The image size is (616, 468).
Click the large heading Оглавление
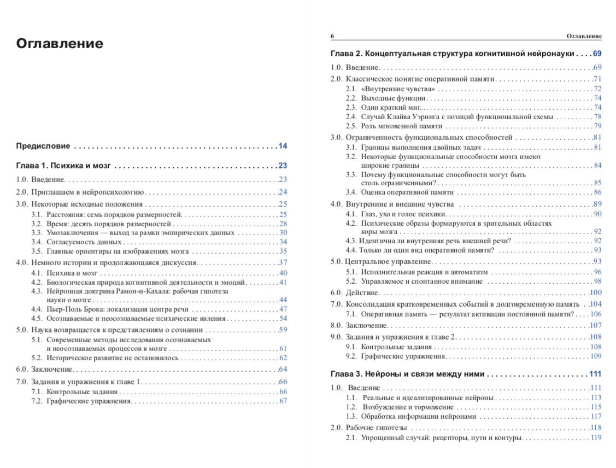60,44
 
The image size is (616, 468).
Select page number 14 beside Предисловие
283,146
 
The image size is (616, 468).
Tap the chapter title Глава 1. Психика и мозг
64,166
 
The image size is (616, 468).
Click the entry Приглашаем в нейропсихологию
87,192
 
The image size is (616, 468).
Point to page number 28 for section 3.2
283,224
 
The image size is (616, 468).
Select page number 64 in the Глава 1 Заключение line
283,369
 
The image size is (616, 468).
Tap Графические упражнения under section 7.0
89,401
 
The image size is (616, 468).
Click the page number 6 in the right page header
332,36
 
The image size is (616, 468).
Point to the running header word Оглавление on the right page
584,36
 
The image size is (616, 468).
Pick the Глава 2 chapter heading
453,54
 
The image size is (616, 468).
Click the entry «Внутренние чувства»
398,89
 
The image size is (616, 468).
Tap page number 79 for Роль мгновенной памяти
597,126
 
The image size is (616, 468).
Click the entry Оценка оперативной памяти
407,192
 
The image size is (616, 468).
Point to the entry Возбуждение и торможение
408,407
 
